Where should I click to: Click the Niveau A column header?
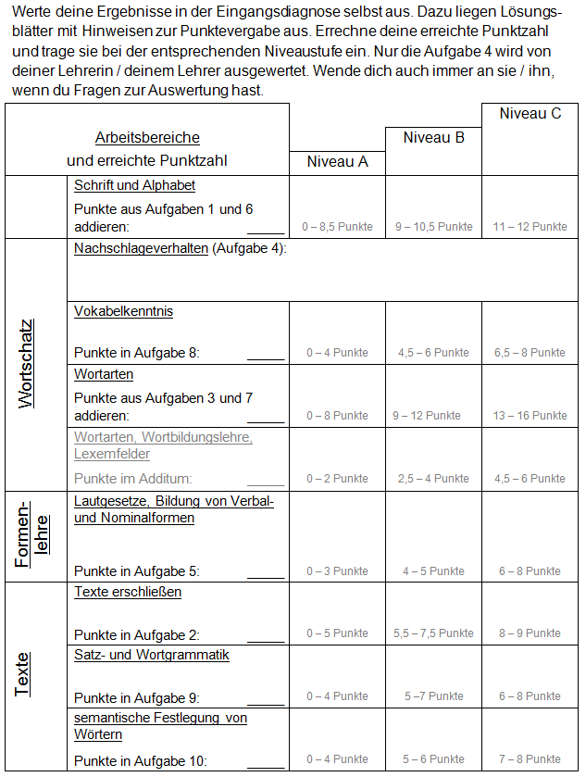tap(337, 161)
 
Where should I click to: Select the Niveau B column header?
tap(433, 138)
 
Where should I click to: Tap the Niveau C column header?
tap(530, 114)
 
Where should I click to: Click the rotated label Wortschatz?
tap(27, 364)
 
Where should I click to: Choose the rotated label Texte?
tap(22, 674)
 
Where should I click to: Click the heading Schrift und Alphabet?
tap(134, 185)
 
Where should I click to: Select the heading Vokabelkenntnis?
tap(123, 311)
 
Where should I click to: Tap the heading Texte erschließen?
tap(128, 592)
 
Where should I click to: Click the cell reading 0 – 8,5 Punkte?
tap(337, 227)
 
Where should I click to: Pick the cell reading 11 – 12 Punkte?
tap(530, 227)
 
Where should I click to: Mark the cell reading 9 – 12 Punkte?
tap(433, 416)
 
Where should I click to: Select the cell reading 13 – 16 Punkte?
tap(530, 416)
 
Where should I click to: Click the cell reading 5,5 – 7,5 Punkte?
tap(433, 634)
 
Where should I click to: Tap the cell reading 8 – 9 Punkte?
tap(530, 634)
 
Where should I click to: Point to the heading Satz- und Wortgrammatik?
tap(152, 655)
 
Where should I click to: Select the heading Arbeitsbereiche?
tap(147, 138)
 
